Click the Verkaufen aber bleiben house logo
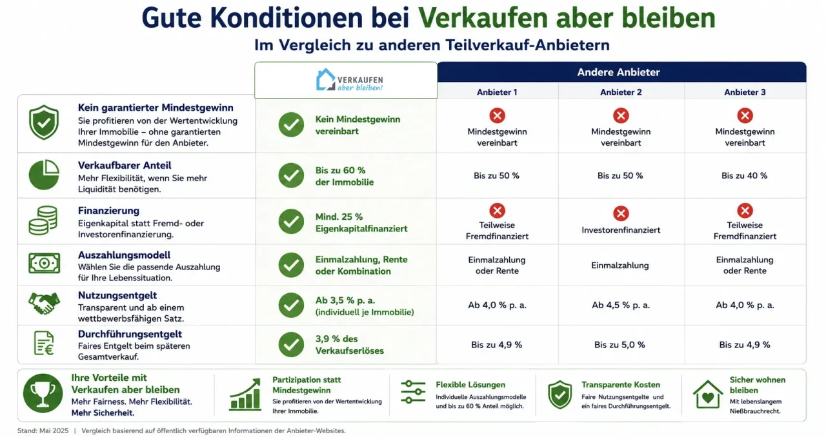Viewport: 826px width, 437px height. pos(349,79)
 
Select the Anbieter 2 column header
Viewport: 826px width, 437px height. pos(621,92)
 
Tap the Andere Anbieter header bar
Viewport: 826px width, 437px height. pos(621,72)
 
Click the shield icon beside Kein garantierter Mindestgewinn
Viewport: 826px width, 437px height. pos(44,122)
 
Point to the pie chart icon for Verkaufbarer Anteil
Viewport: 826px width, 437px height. pos(44,175)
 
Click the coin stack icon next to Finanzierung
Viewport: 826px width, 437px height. pos(43,220)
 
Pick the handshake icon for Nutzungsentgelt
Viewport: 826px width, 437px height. pos(44,303)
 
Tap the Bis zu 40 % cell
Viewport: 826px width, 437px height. pos(744,176)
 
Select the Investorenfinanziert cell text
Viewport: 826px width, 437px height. pos(621,230)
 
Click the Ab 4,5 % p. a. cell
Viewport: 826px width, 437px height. pos(621,305)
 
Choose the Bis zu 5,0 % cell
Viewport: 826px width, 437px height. pos(619,345)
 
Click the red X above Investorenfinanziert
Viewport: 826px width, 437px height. pos(621,213)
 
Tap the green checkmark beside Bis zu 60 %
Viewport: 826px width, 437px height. pos(291,175)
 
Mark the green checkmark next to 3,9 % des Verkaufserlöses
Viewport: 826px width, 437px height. pos(291,345)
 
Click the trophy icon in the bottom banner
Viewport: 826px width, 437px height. pos(43,393)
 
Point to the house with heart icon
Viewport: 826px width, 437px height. pos(708,394)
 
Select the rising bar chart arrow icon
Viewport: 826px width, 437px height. pos(245,394)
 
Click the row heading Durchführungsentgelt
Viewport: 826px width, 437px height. pos(130,334)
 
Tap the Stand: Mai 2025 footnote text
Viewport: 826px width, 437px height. pos(43,431)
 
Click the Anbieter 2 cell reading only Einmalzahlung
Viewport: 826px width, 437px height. pos(620,266)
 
